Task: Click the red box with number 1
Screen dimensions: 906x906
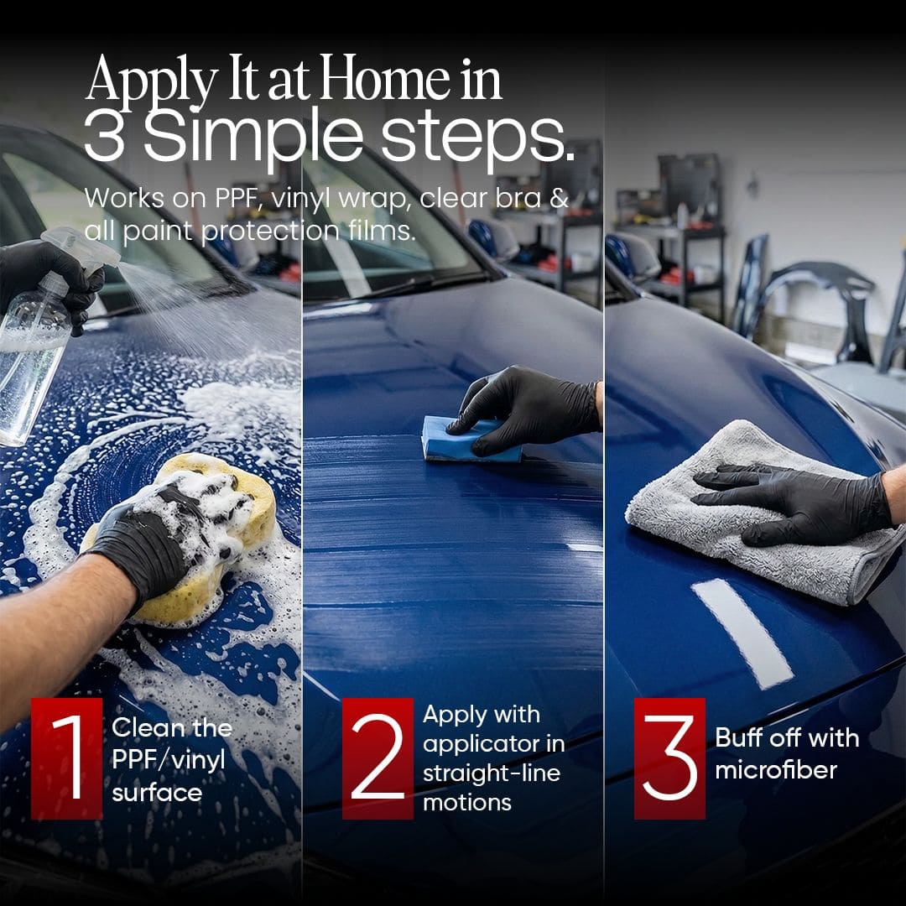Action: click(66, 758)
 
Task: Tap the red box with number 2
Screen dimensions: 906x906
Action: click(377, 758)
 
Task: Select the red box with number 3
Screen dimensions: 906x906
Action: click(669, 758)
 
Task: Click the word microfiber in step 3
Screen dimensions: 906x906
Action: click(776, 769)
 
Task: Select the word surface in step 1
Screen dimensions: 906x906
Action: click(157, 793)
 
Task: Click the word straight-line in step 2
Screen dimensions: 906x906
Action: click(492, 773)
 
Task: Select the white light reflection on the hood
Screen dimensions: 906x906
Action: click(742, 633)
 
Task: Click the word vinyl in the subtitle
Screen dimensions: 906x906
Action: click(302, 200)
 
